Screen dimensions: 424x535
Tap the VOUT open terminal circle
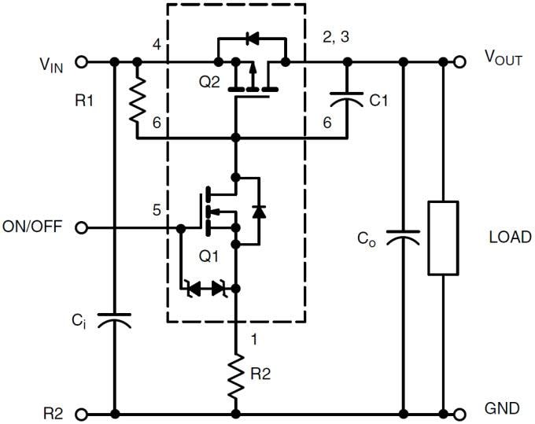click(459, 61)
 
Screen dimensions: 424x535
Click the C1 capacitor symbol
click(345, 100)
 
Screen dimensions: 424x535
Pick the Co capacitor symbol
click(403, 238)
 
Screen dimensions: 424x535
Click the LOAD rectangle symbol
click(443, 238)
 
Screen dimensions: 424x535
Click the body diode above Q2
click(252, 37)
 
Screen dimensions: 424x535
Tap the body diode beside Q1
click(257, 210)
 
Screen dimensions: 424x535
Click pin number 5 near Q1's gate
click(157, 210)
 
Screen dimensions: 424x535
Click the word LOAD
click(509, 237)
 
